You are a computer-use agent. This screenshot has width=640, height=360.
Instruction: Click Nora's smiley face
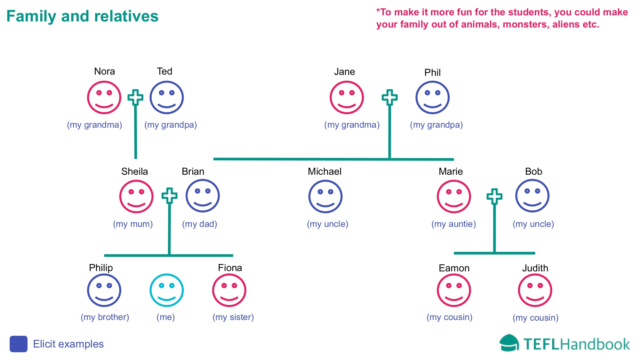(x=104, y=98)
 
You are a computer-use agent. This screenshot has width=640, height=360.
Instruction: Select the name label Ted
(x=164, y=71)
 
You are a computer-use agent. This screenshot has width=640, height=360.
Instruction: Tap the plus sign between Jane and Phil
(x=389, y=97)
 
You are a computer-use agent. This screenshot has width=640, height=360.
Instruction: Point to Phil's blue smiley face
(x=432, y=98)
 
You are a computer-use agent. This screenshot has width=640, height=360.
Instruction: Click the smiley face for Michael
(x=325, y=196)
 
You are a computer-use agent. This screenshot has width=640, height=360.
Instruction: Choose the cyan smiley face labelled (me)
(x=167, y=290)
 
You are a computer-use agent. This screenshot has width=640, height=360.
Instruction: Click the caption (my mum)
(x=133, y=224)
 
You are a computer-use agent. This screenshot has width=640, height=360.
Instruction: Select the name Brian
(x=193, y=172)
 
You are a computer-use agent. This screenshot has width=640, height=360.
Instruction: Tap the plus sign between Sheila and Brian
(x=169, y=196)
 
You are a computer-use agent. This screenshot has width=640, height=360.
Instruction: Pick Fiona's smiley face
(x=229, y=290)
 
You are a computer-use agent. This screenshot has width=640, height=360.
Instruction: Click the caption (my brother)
(x=105, y=317)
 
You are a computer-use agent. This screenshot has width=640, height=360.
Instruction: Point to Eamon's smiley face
(x=454, y=290)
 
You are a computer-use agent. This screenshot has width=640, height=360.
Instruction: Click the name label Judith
(x=535, y=268)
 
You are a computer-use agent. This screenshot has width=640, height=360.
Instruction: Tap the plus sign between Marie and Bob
(x=494, y=196)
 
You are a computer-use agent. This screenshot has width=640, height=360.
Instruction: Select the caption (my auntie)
(x=454, y=224)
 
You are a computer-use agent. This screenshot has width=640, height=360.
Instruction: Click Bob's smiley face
(x=532, y=196)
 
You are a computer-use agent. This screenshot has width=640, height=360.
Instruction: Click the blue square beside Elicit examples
(x=19, y=344)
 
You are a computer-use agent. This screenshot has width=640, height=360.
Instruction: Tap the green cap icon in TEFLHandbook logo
(x=509, y=343)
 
